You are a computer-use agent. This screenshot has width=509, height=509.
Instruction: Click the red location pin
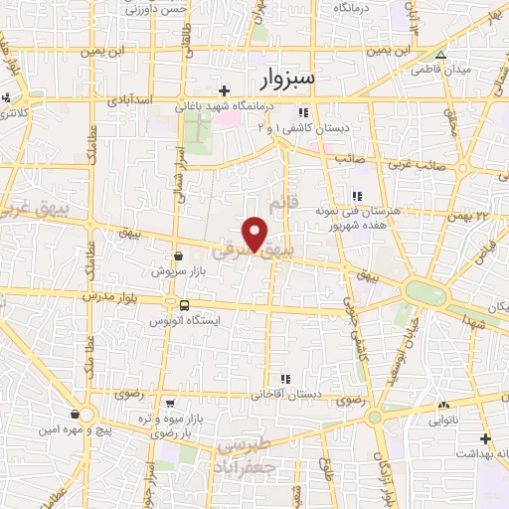click(x=255, y=235)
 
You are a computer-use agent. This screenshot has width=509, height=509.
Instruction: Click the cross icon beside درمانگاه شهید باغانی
click(x=225, y=90)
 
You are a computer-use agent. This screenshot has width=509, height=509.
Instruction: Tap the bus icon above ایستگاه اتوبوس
click(x=185, y=304)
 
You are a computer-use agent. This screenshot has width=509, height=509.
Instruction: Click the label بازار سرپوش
click(x=176, y=270)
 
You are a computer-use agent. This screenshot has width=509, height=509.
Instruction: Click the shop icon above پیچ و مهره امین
click(x=76, y=414)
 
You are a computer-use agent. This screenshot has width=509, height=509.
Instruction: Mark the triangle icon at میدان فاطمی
click(x=439, y=55)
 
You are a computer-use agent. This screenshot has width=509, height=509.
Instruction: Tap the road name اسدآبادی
click(x=130, y=101)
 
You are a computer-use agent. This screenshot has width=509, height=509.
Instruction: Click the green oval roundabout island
click(x=426, y=293)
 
